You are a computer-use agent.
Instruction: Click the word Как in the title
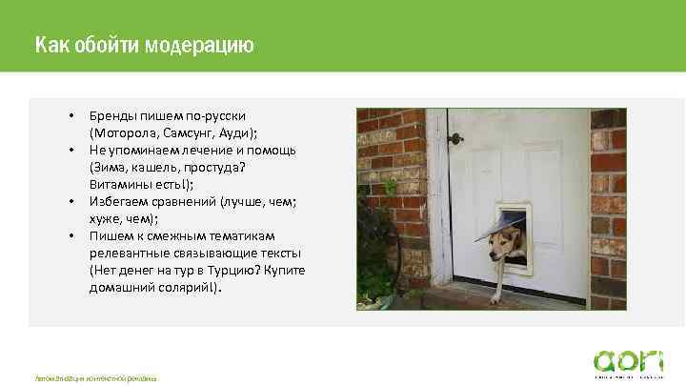50,45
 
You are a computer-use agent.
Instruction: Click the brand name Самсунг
192,133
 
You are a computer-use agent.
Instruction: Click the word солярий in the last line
187,287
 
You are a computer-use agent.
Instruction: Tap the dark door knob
455,139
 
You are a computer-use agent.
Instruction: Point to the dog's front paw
494,297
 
